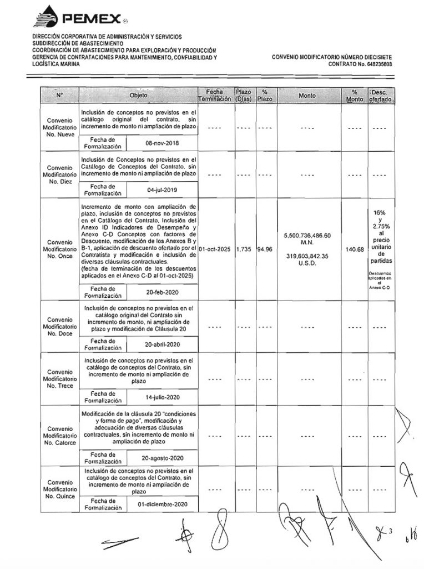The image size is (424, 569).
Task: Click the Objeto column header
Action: pos(139,96)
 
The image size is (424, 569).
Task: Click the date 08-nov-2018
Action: pos(161,142)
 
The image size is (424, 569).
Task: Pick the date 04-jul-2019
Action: pos(161,190)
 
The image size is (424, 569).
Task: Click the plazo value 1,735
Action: pos(243,248)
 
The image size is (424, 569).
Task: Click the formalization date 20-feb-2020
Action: pos(161,292)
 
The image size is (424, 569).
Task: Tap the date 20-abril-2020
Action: pos(161,344)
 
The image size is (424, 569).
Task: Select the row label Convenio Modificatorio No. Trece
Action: pos(61,378)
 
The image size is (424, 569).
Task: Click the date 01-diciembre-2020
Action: pos(161,505)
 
